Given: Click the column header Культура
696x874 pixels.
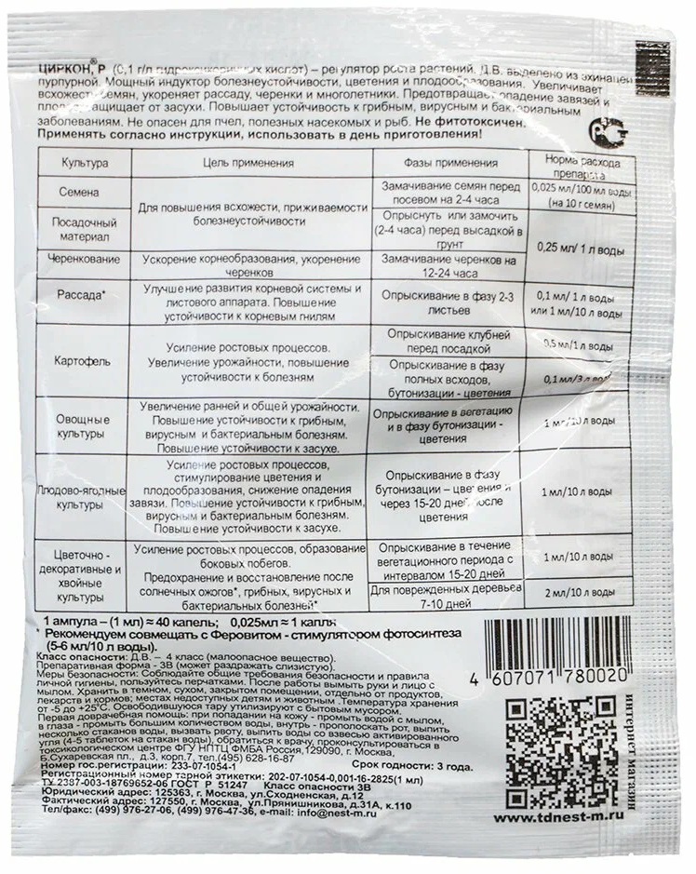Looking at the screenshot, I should click(85, 163).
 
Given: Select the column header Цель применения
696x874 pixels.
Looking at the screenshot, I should click(248, 163).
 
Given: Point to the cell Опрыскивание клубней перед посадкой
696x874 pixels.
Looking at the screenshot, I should click(444, 339).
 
